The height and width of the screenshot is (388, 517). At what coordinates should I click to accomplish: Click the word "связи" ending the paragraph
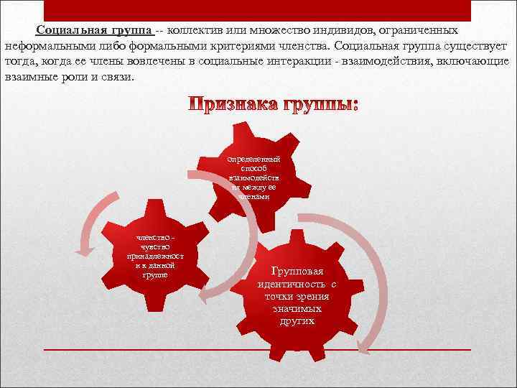(x=118, y=78)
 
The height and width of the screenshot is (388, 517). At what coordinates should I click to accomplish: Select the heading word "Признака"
(x=230, y=106)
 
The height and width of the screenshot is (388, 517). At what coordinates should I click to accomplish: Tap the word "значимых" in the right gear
(x=297, y=308)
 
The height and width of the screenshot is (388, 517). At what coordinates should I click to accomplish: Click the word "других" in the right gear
(x=297, y=320)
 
